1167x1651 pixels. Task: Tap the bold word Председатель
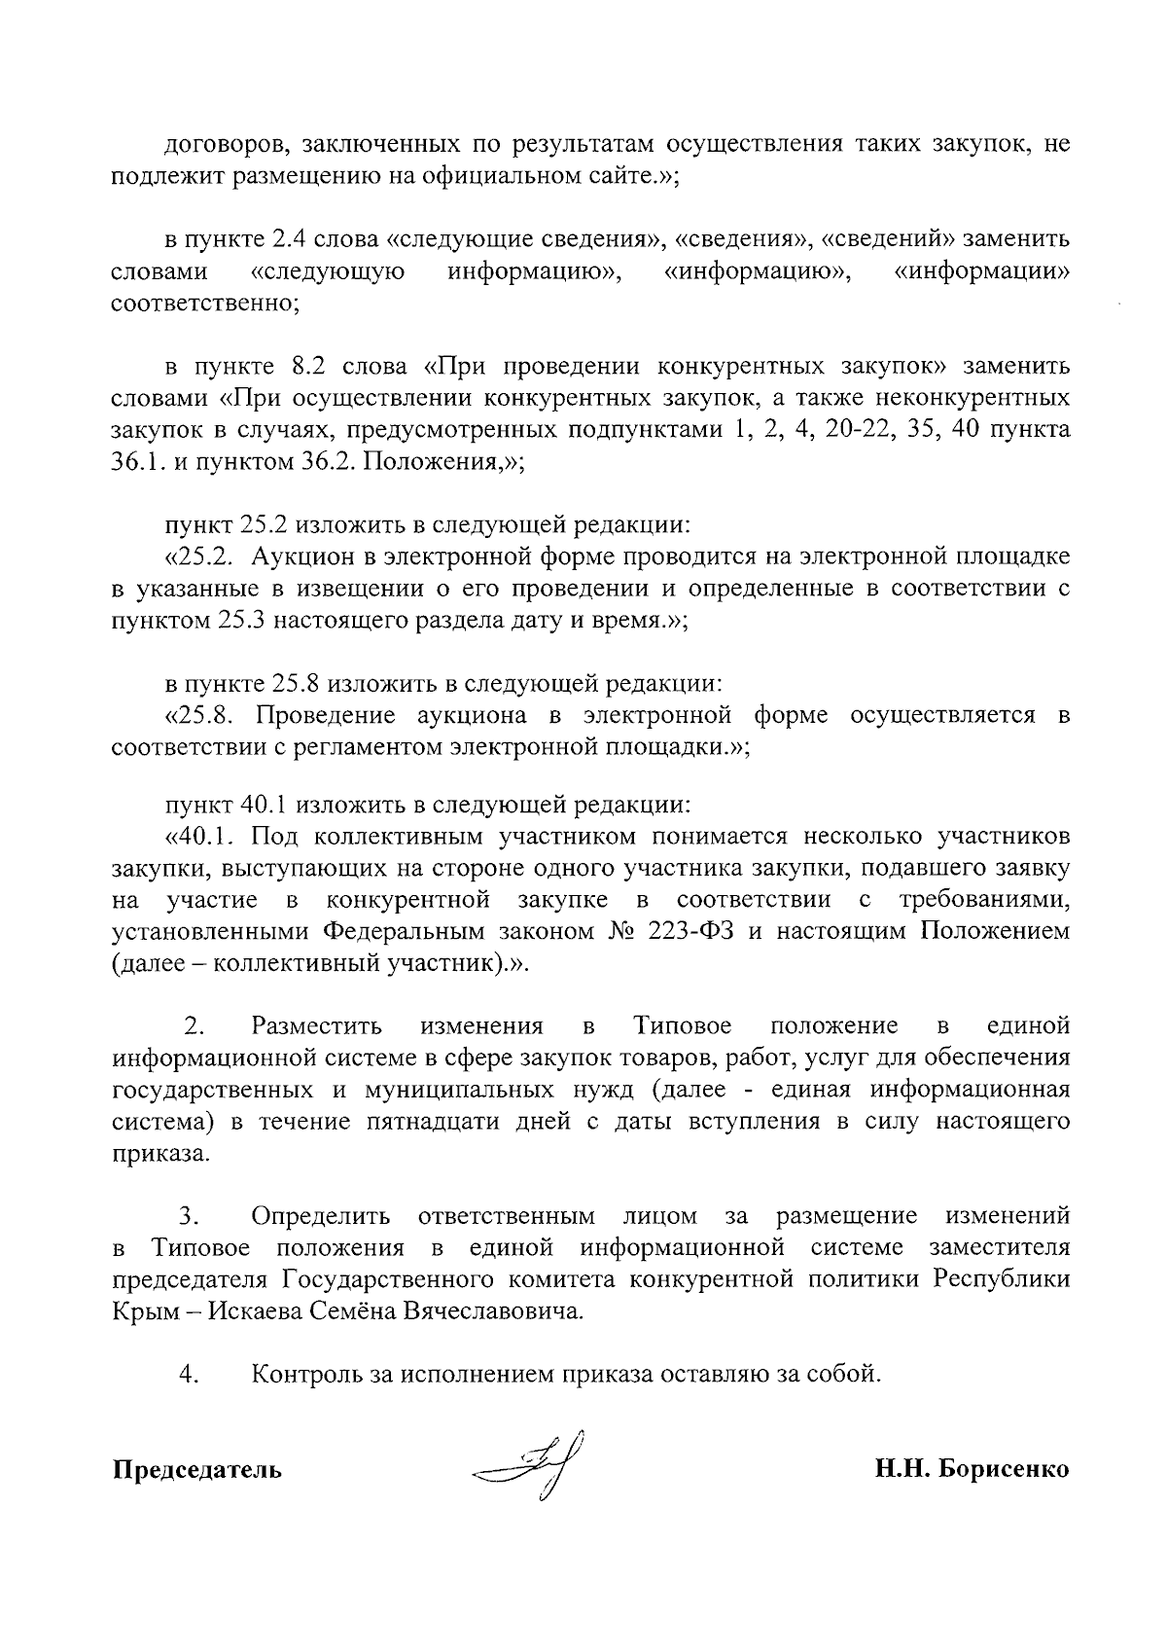tap(197, 1469)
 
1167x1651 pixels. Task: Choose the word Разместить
tap(316, 1026)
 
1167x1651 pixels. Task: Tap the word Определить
tap(321, 1216)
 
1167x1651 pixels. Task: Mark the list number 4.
tap(189, 1375)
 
